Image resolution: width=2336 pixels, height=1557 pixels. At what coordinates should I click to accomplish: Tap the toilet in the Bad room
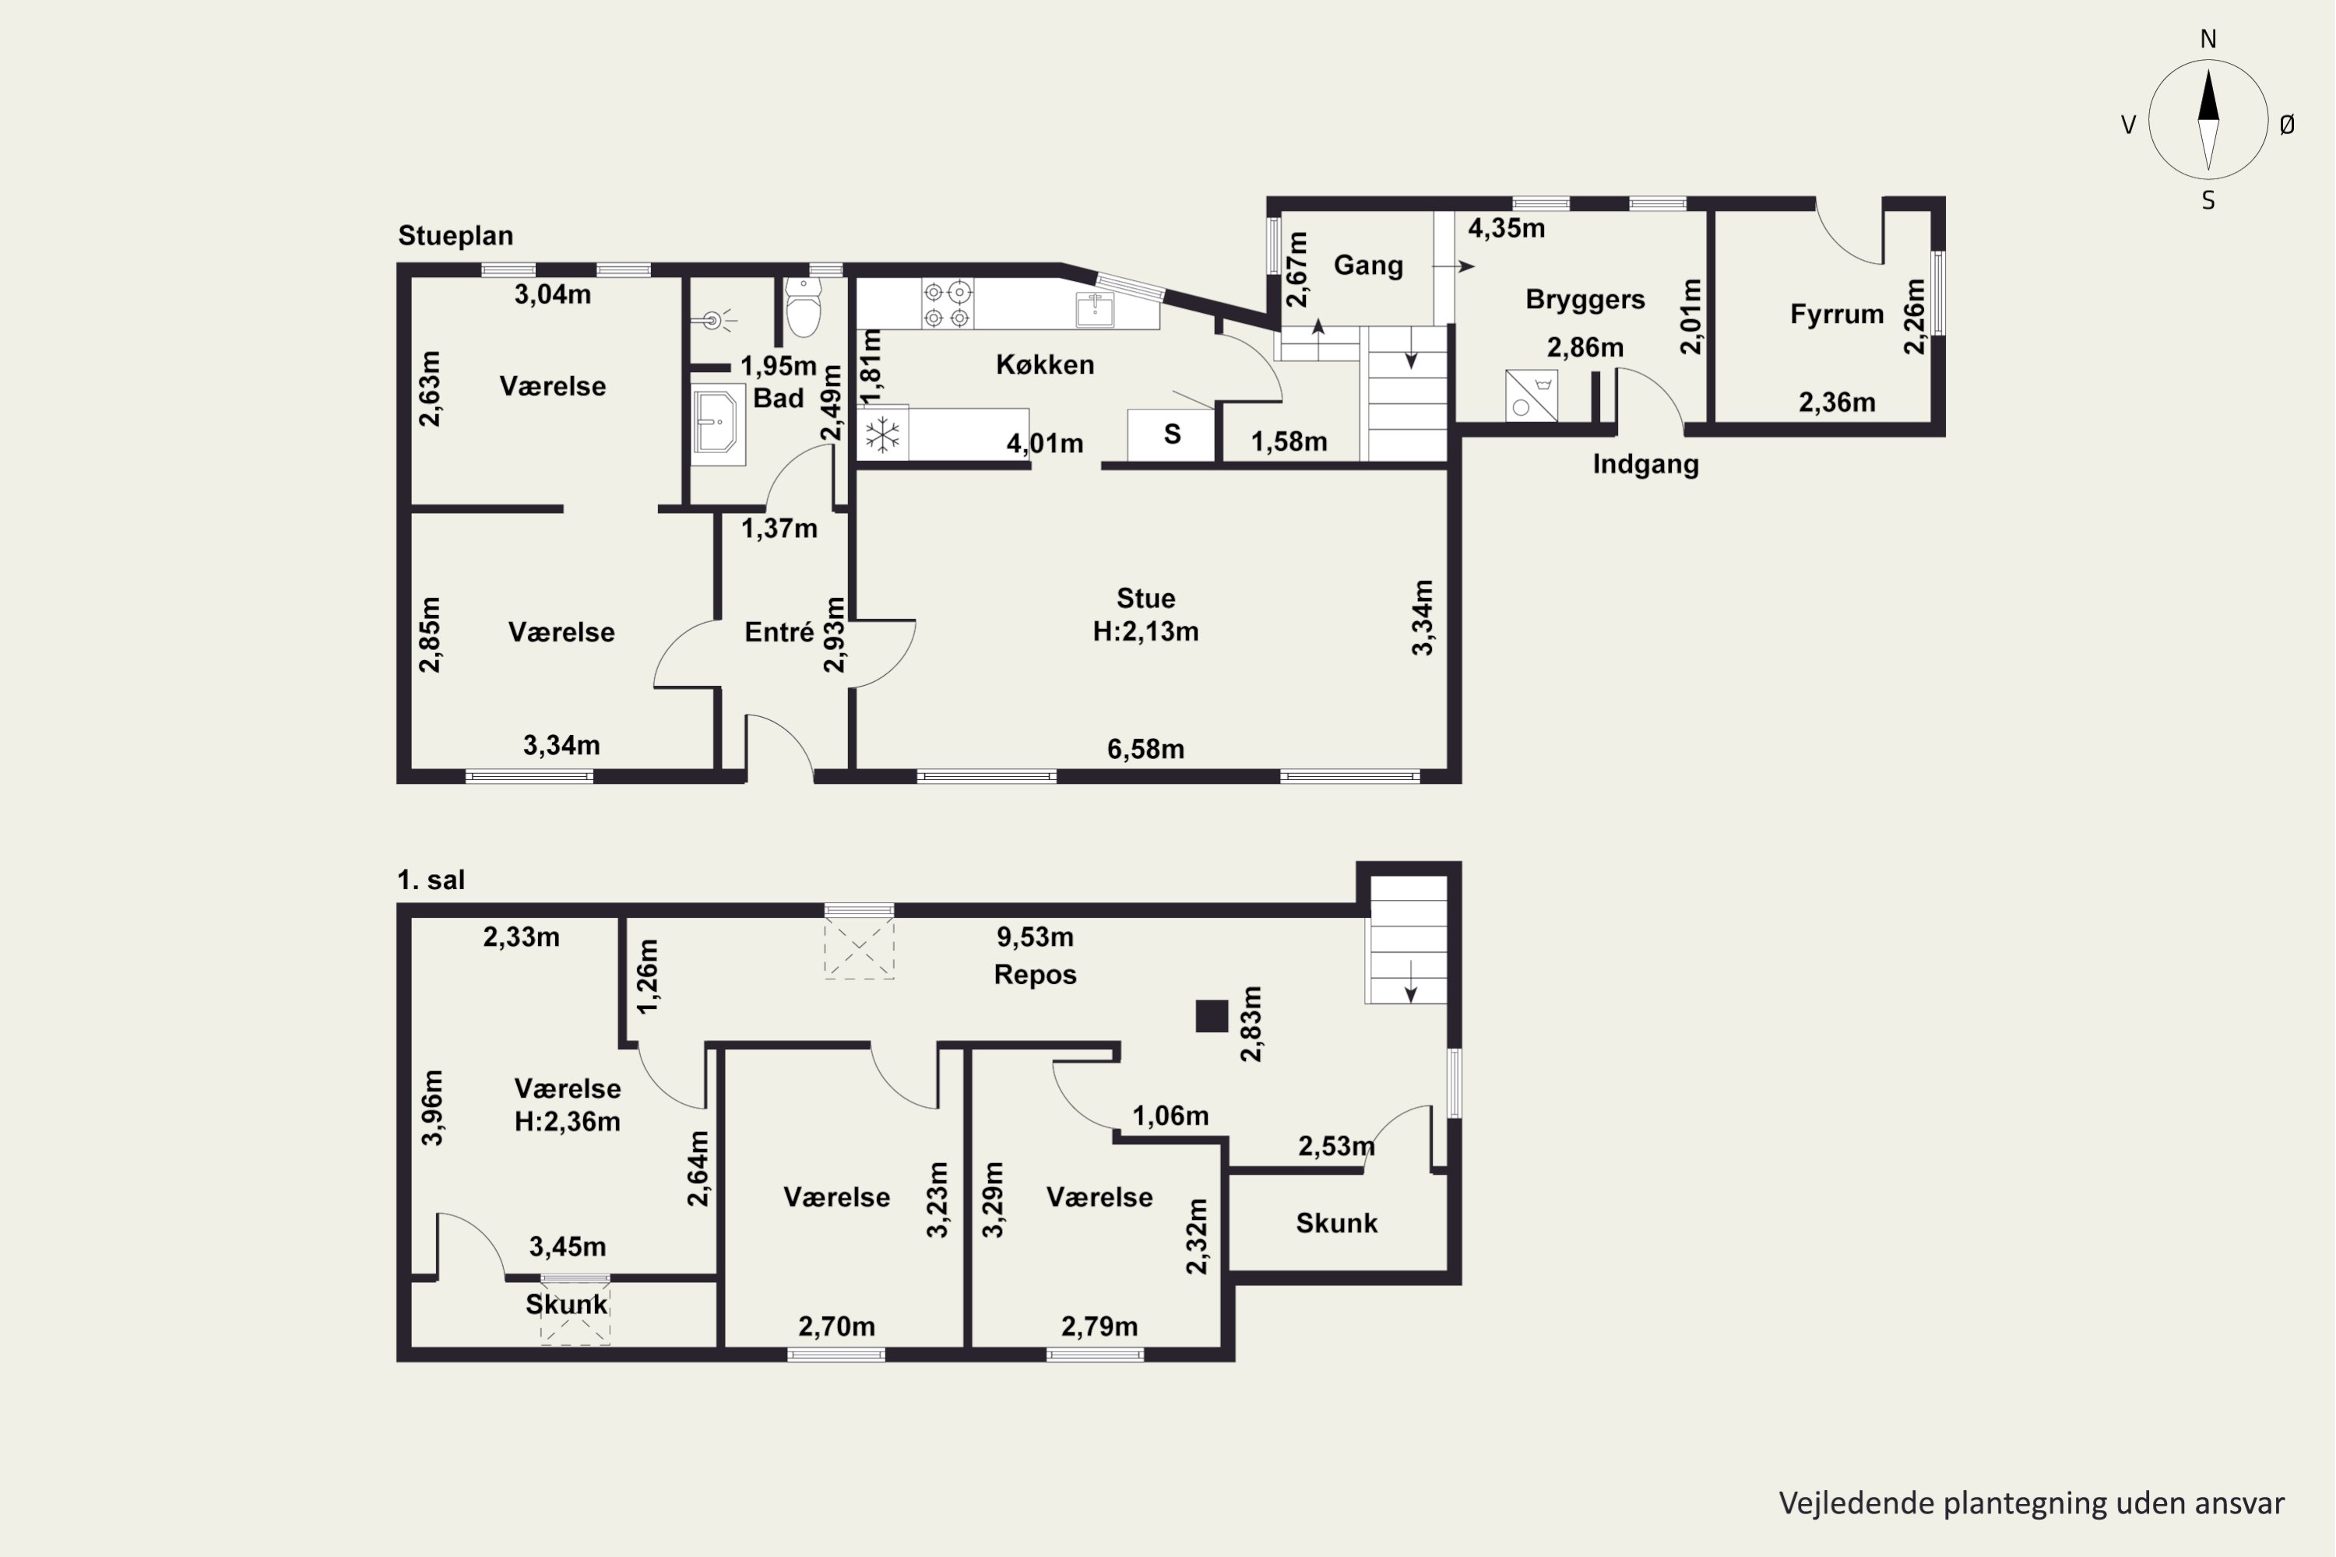pos(804,307)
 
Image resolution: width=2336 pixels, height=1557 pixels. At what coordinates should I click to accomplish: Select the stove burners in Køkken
pos(947,304)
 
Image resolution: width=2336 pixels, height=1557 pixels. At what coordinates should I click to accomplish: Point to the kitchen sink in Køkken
pos(1095,310)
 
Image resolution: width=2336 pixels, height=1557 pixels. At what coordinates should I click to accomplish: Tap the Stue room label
pos(1145,599)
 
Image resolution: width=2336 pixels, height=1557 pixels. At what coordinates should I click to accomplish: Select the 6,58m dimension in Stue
pos(1145,750)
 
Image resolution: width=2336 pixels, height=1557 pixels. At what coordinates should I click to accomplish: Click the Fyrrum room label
pos(1836,315)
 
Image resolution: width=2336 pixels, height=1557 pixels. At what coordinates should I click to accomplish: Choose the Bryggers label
pos(1585,300)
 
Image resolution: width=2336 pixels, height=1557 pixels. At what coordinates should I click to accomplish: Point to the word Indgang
pos(1646,465)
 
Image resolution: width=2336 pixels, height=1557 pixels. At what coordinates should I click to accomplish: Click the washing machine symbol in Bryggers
pos(1531,395)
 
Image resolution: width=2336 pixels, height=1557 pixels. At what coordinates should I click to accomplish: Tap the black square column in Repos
pos(1212,1016)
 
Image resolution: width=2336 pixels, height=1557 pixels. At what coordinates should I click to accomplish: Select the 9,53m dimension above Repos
pos(1035,937)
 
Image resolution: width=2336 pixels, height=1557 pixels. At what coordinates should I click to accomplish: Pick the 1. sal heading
pos(431,880)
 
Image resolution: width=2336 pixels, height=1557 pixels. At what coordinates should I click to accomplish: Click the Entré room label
pos(779,631)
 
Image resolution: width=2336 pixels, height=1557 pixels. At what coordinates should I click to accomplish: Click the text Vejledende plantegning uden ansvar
pos(2031,1503)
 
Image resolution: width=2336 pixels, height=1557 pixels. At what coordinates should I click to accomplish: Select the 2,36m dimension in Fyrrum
pos(1836,403)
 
